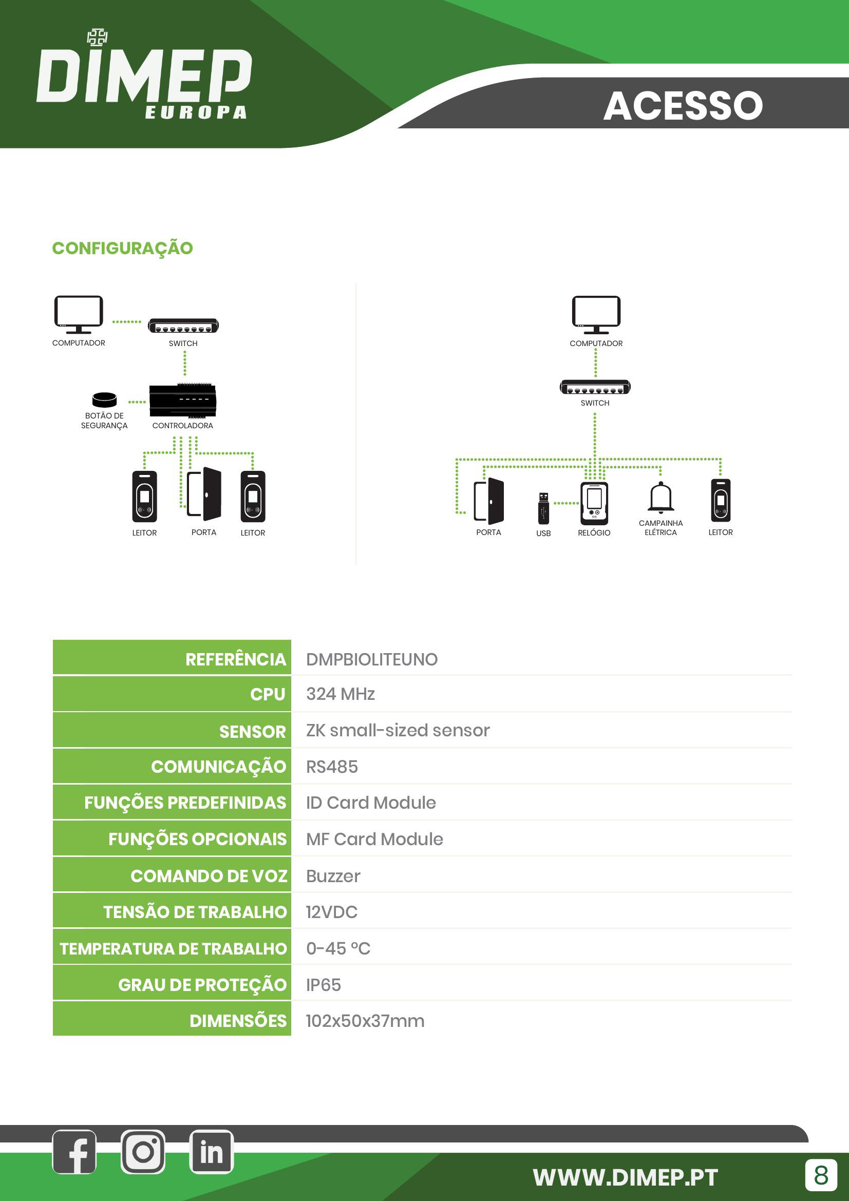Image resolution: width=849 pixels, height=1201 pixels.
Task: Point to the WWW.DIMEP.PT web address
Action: (x=625, y=1177)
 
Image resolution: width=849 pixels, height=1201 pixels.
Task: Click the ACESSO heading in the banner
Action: (x=683, y=106)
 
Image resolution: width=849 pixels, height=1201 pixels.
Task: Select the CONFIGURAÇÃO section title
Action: (x=122, y=248)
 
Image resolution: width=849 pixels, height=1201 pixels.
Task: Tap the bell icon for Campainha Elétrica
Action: (x=661, y=497)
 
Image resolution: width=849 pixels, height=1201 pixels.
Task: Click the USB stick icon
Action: (x=543, y=508)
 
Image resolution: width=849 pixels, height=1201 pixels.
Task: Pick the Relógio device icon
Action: (x=594, y=503)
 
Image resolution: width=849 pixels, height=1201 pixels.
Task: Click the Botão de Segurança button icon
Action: (x=105, y=399)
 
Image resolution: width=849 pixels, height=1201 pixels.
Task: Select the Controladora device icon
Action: (x=182, y=401)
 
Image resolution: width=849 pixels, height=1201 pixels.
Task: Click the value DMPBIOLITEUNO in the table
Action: (x=372, y=659)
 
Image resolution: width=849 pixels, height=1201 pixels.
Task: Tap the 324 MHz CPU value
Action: (x=341, y=694)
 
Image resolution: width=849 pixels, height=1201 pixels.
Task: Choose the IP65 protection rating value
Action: (x=323, y=985)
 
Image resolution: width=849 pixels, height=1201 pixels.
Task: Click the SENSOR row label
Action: (x=252, y=731)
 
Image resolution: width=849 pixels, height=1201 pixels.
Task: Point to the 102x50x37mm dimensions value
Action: (x=365, y=1021)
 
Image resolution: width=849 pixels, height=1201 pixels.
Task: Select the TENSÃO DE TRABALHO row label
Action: (x=195, y=912)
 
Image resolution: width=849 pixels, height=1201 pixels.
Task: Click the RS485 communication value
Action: (x=332, y=767)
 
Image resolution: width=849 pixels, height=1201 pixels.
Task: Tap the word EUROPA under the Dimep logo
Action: (x=196, y=112)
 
